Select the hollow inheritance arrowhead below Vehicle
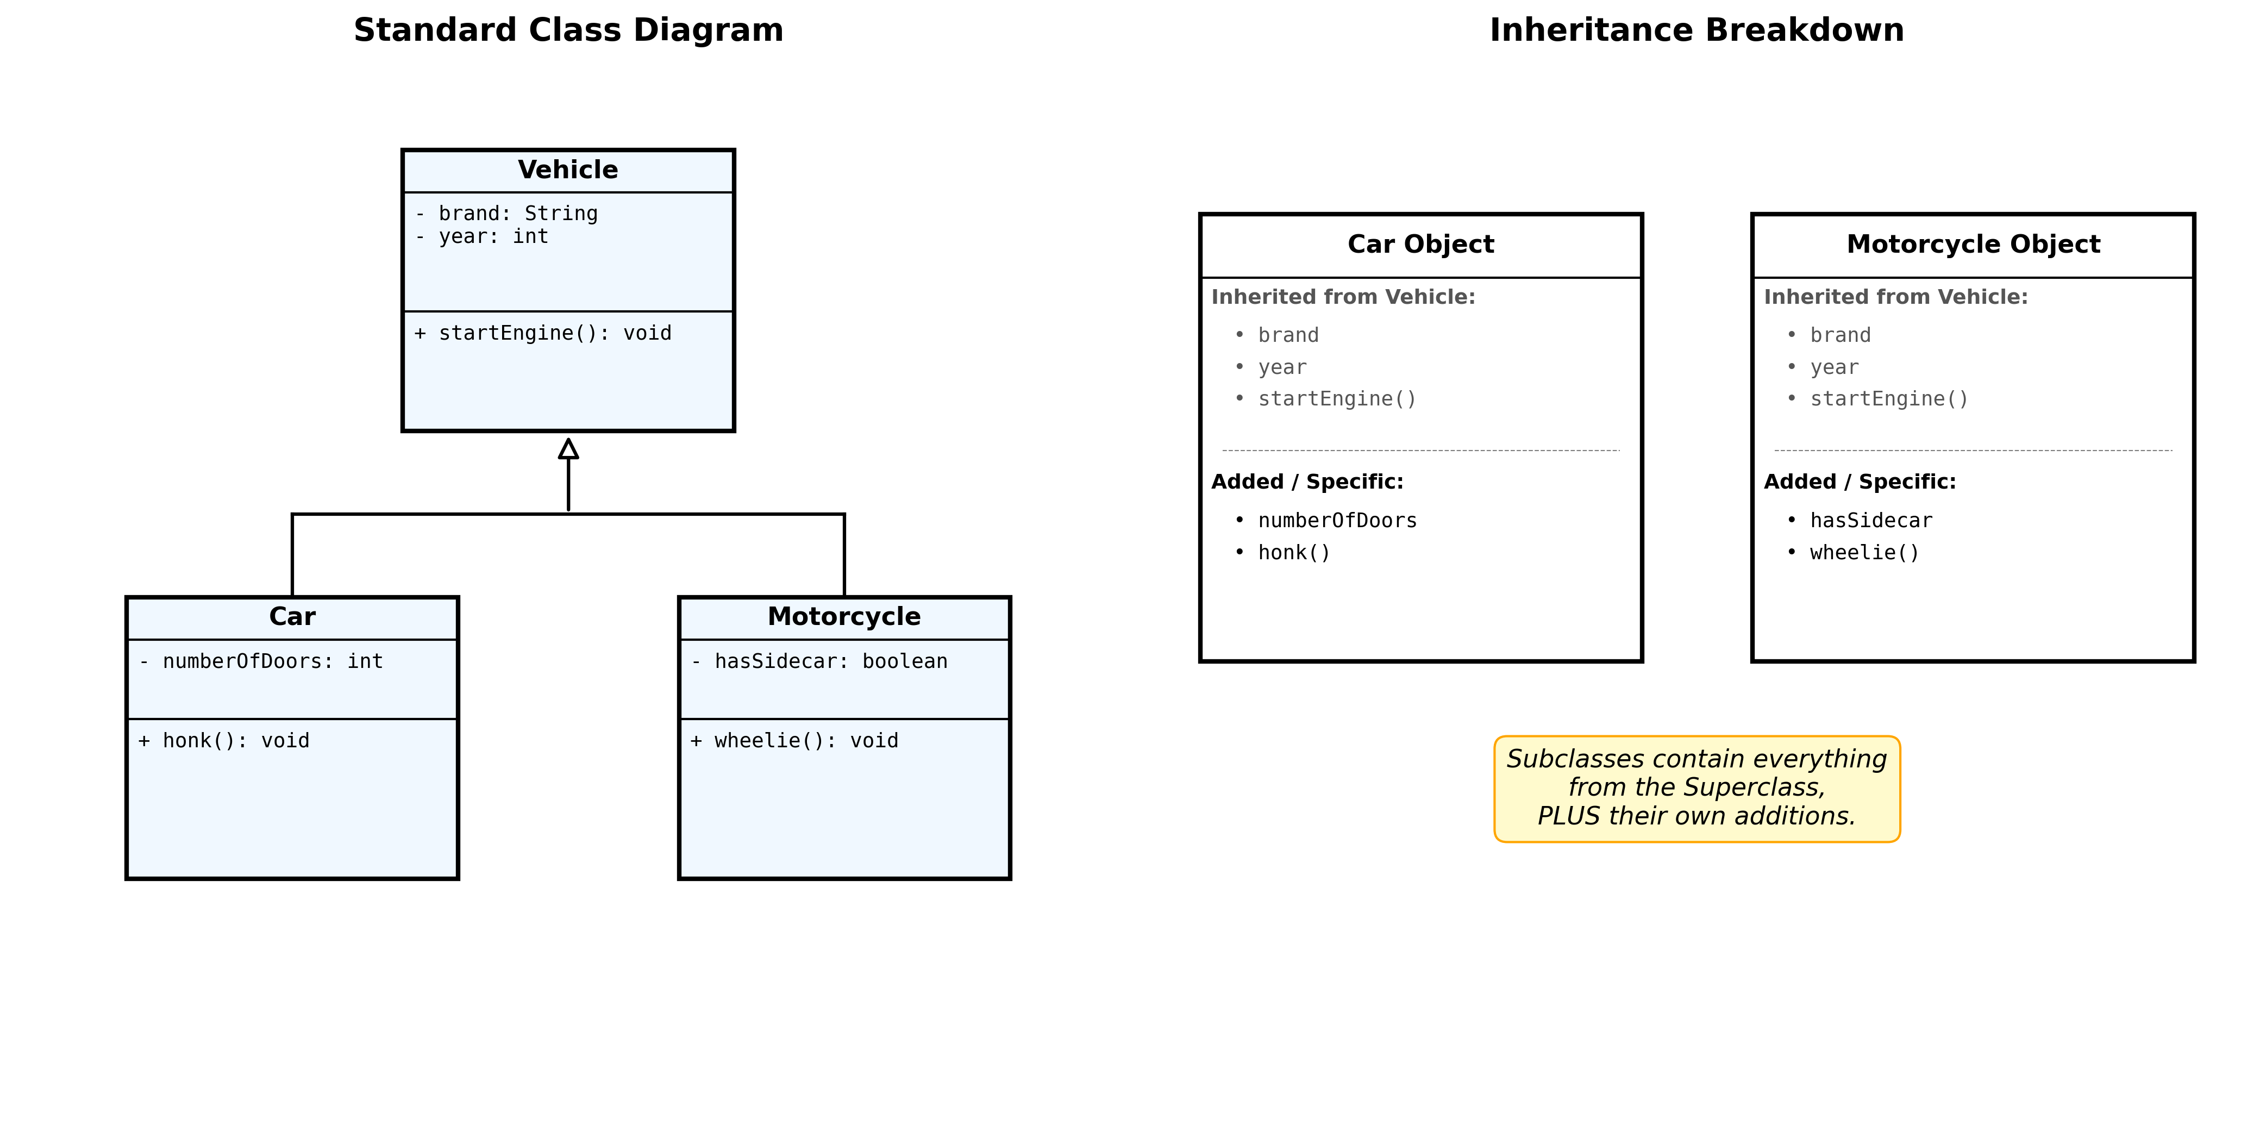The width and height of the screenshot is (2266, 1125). click(x=568, y=449)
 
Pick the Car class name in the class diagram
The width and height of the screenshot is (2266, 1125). click(x=292, y=617)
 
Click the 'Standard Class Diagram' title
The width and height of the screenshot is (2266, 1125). click(x=568, y=30)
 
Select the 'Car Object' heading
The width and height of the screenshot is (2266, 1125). click(x=1420, y=243)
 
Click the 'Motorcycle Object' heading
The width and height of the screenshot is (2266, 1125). click(x=1973, y=243)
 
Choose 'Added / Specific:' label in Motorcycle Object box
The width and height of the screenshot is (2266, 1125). click(x=1860, y=482)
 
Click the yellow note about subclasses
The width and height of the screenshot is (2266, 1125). click(x=1697, y=788)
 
